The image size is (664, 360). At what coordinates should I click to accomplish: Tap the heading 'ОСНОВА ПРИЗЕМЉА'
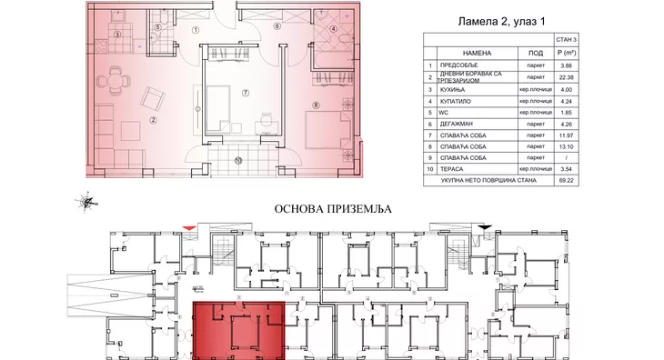[x=331, y=208]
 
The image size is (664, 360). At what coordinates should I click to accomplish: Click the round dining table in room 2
[x=113, y=80]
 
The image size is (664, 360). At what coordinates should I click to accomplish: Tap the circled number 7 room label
[x=245, y=93]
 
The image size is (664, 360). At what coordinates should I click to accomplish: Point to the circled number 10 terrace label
[x=238, y=161]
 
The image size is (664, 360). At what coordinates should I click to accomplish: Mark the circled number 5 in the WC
[x=157, y=27]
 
